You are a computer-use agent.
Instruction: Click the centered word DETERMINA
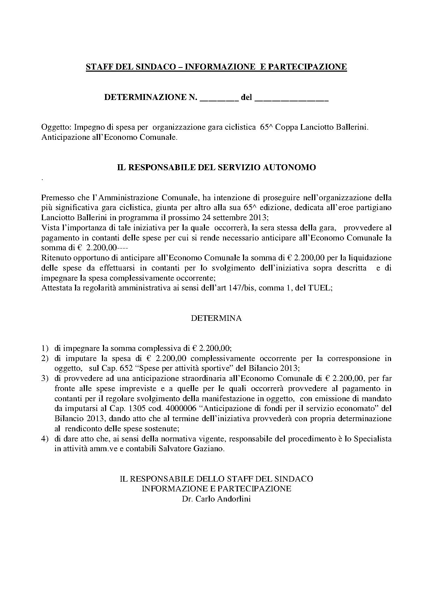point(216,318)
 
